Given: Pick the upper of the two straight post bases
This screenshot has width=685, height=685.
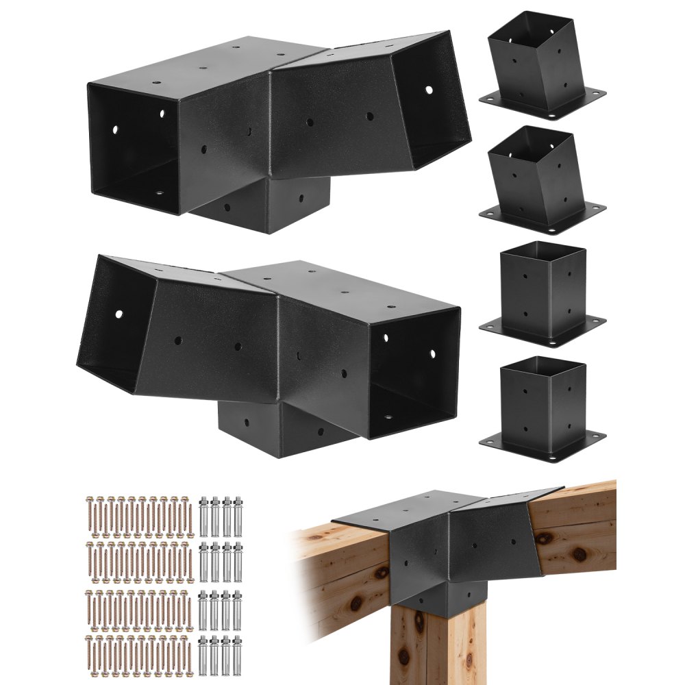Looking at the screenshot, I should click(543, 288).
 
